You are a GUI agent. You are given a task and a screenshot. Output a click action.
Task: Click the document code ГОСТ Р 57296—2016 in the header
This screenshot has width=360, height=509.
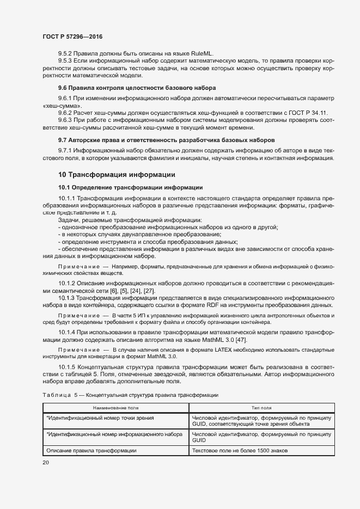pos(72,36)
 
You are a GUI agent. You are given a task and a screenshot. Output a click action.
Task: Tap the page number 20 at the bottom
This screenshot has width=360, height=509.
pos(45,463)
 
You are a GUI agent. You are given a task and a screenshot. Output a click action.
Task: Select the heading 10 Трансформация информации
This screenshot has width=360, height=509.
pos(117,175)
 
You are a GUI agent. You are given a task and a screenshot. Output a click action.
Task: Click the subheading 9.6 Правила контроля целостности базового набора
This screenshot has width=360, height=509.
pos(137,88)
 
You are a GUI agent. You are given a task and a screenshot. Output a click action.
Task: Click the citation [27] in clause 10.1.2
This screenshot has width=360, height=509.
pos(149,291)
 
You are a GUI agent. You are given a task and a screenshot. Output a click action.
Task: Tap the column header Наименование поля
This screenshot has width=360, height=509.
pos(115,407)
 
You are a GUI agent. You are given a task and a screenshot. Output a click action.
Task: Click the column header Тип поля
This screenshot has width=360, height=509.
pos(261,407)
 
